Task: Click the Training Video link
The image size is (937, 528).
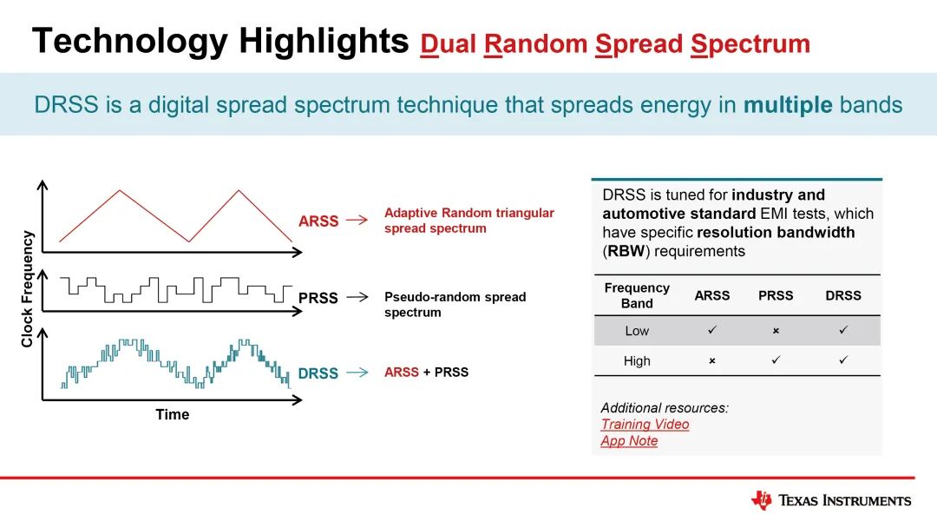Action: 645,424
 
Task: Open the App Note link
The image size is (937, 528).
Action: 629,440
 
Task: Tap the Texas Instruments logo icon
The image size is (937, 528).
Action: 762,500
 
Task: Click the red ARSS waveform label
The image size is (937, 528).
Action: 318,221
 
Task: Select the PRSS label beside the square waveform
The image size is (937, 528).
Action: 318,298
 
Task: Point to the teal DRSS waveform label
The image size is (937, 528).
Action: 318,373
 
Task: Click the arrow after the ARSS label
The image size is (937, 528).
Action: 357,220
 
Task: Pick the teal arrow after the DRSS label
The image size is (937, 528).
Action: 357,373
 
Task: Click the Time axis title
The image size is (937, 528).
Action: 172,414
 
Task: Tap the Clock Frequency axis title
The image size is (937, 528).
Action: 27,289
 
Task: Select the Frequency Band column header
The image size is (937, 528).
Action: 637,295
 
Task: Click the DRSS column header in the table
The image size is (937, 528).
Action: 843,295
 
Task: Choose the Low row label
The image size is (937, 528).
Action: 637,331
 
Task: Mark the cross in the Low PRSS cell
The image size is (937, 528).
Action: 776,331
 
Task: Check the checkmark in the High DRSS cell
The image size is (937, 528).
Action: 843,360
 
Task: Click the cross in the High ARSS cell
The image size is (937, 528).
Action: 712,361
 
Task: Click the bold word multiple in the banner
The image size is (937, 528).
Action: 788,104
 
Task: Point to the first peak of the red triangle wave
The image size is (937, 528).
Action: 120,191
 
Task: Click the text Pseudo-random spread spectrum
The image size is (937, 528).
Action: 455,304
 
